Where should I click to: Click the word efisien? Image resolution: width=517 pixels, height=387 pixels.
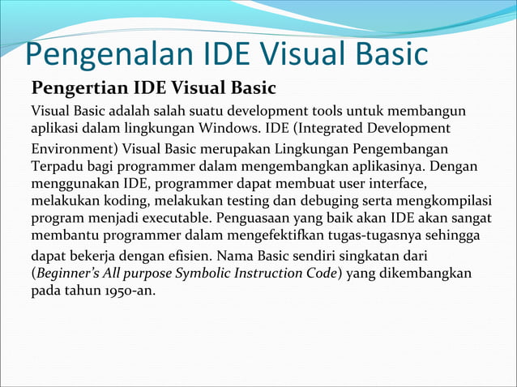coord(189,256)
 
